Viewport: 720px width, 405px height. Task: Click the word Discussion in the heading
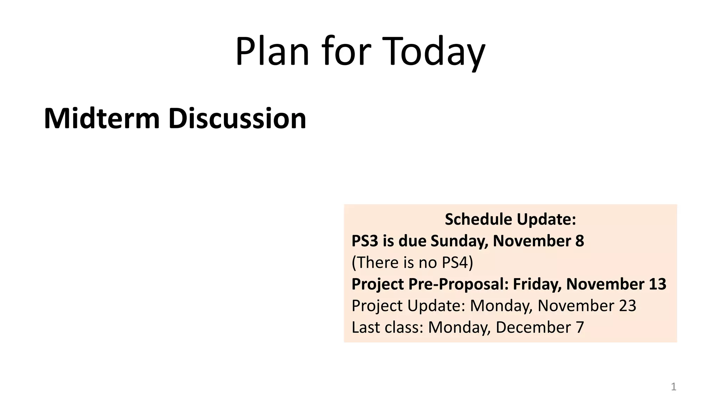click(x=237, y=118)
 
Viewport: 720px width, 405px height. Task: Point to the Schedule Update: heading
click(x=510, y=219)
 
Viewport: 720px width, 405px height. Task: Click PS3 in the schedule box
click(x=365, y=241)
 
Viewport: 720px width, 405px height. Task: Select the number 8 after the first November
click(x=579, y=241)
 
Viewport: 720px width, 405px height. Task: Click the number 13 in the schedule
click(x=657, y=284)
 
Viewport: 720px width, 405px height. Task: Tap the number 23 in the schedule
click(x=627, y=306)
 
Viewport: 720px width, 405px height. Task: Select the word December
click(x=533, y=327)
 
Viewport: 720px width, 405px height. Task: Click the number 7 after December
click(x=580, y=327)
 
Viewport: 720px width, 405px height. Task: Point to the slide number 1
click(x=674, y=387)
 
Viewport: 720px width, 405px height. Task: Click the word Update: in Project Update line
click(x=436, y=306)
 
